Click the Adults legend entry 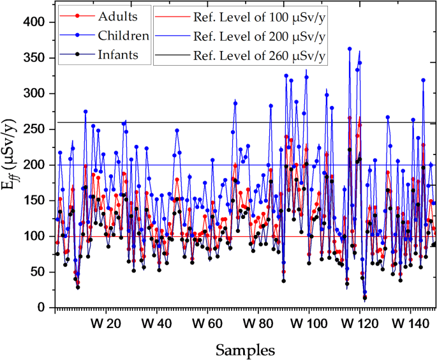click(x=124, y=13)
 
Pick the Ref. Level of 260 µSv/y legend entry click(x=258, y=56)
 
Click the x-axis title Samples click(x=245, y=349)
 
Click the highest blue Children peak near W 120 click(x=350, y=49)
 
